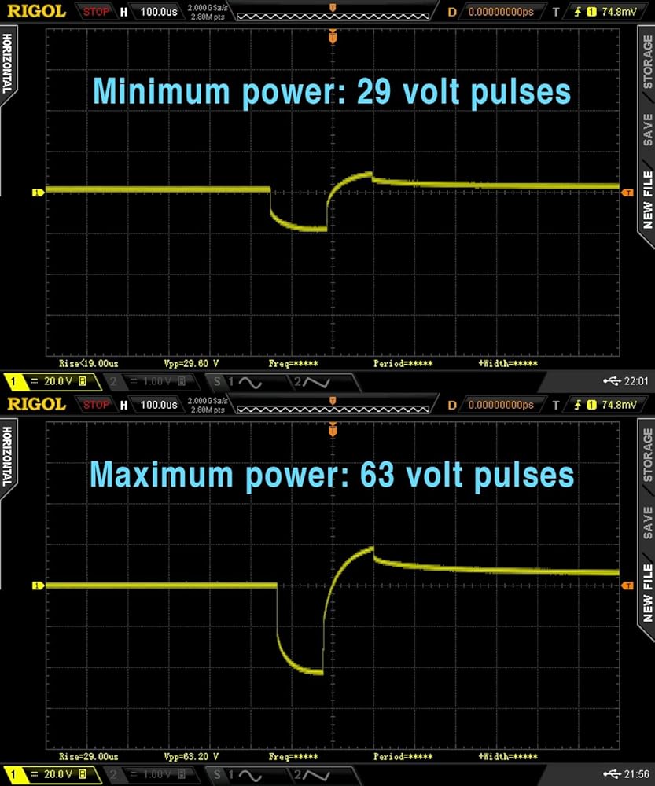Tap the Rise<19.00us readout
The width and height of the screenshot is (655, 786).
tap(89, 364)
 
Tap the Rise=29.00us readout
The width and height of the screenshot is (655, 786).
tap(89, 756)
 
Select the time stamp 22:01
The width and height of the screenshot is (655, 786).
tap(635, 381)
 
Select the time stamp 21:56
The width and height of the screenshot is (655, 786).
tap(635, 774)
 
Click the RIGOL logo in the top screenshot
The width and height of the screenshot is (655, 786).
tap(36, 12)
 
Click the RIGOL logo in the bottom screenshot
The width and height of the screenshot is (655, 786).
tap(36, 404)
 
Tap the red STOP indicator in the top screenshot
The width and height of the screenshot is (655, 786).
tap(97, 12)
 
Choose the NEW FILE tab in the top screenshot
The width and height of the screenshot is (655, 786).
tap(647, 199)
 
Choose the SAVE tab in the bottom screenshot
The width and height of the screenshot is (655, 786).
tap(647, 521)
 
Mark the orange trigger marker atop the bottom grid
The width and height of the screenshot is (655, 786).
tap(333, 430)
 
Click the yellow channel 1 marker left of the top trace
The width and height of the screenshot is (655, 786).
tap(36, 192)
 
